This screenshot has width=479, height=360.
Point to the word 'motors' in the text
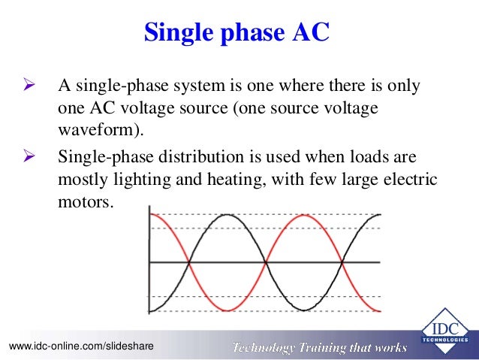click(86, 202)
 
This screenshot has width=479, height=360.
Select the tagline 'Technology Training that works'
click(318, 346)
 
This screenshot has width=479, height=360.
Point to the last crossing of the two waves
click(342, 262)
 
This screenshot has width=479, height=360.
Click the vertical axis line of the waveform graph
click(150, 262)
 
